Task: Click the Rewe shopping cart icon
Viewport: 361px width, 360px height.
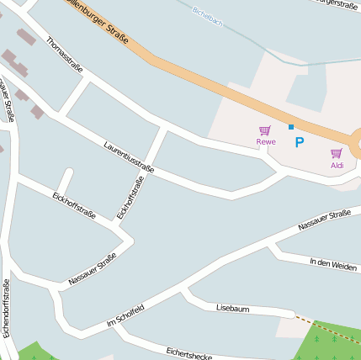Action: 265,130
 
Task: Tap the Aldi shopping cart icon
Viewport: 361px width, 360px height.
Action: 337,153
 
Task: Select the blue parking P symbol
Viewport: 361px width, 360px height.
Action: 299,142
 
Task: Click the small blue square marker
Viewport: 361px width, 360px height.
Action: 291,127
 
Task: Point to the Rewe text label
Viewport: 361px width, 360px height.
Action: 266,142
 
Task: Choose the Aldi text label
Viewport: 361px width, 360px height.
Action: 337,165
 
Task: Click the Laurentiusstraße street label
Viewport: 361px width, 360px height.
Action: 129,156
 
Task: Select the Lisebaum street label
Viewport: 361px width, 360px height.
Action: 233,309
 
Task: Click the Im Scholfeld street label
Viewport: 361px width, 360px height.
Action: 126,317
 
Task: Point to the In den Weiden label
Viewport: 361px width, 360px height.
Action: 333,264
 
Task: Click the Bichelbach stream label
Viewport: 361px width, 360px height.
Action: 207,16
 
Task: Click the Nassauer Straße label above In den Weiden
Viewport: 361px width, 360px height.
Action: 324,220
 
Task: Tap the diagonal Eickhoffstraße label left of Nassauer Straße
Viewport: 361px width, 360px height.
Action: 74,207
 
